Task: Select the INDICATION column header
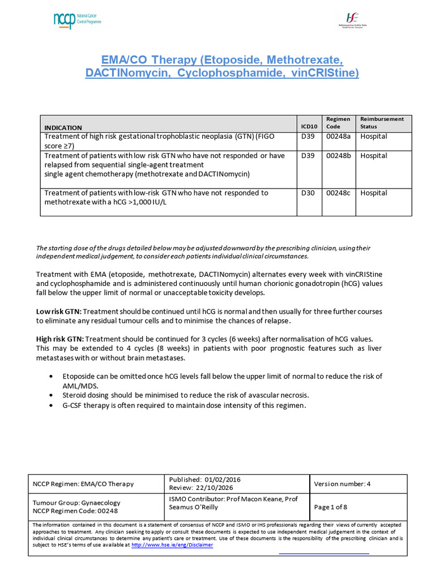pos(63,127)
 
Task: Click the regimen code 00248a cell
pos(338,137)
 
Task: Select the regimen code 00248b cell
pos(338,155)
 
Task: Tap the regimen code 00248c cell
pos(338,193)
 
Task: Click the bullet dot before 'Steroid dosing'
pos(52,394)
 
